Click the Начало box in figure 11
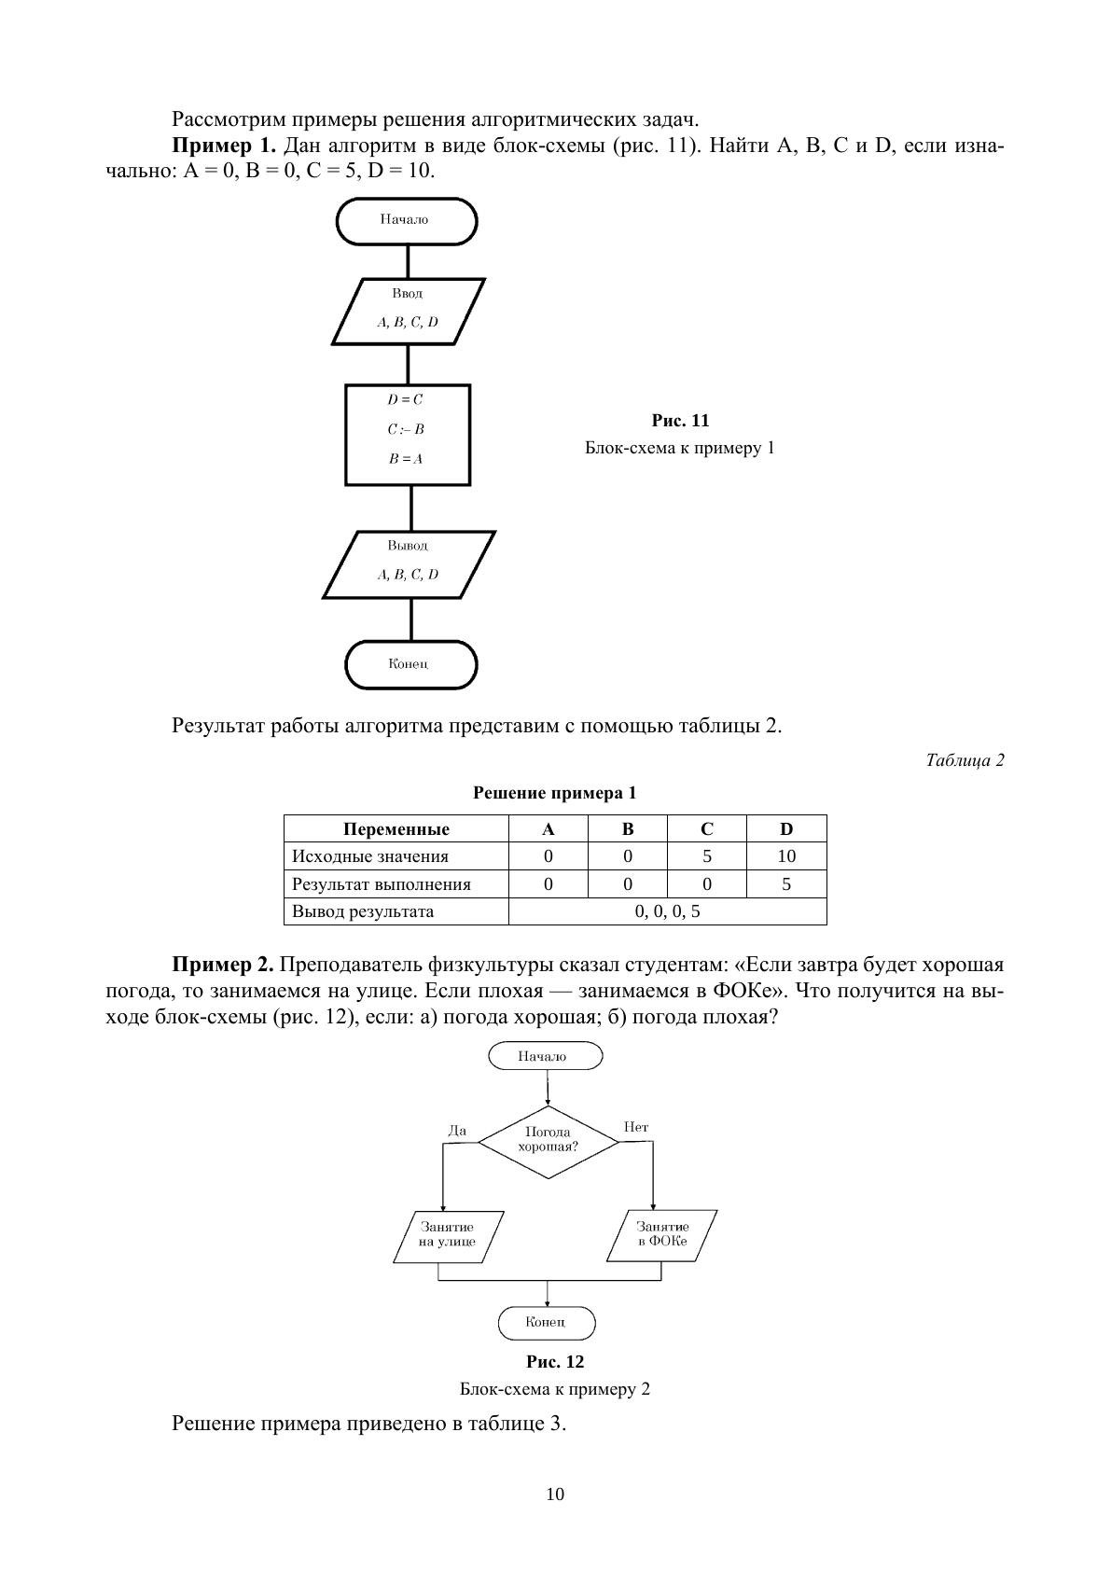click(406, 221)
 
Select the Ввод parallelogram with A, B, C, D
click(408, 311)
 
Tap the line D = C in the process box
click(405, 399)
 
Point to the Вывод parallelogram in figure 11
click(409, 563)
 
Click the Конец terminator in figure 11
click(410, 664)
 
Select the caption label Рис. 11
click(680, 421)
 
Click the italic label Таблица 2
click(965, 760)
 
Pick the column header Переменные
click(396, 829)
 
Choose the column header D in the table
click(786, 829)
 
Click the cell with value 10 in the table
click(786, 856)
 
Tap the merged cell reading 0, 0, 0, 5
click(667, 911)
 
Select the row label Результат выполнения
click(382, 884)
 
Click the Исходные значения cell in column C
click(707, 856)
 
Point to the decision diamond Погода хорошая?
click(549, 1140)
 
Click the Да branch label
click(457, 1130)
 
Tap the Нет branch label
click(636, 1127)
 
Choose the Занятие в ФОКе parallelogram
click(662, 1235)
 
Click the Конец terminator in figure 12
click(546, 1323)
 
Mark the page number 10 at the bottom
click(555, 1495)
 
